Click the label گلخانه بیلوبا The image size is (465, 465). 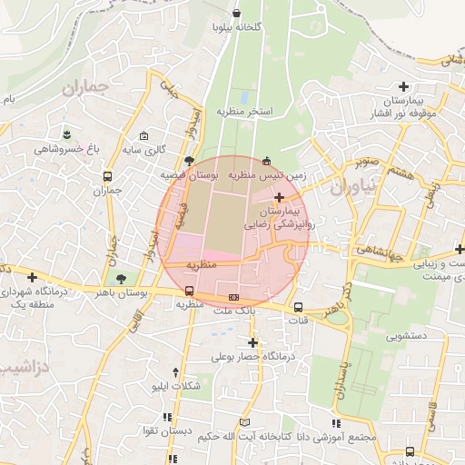[237, 27]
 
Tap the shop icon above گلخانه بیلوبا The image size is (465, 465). [237, 13]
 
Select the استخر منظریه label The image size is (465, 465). [245, 111]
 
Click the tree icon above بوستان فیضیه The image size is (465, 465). [189, 160]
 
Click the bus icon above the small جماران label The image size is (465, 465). [108, 176]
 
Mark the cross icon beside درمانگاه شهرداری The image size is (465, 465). [33, 277]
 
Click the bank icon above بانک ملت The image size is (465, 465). [234, 297]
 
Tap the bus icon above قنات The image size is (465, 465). [297, 306]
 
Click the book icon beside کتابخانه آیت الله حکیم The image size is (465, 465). [243, 423]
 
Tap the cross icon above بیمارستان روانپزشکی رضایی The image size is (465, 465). [279, 196]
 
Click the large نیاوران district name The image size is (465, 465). [352, 188]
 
